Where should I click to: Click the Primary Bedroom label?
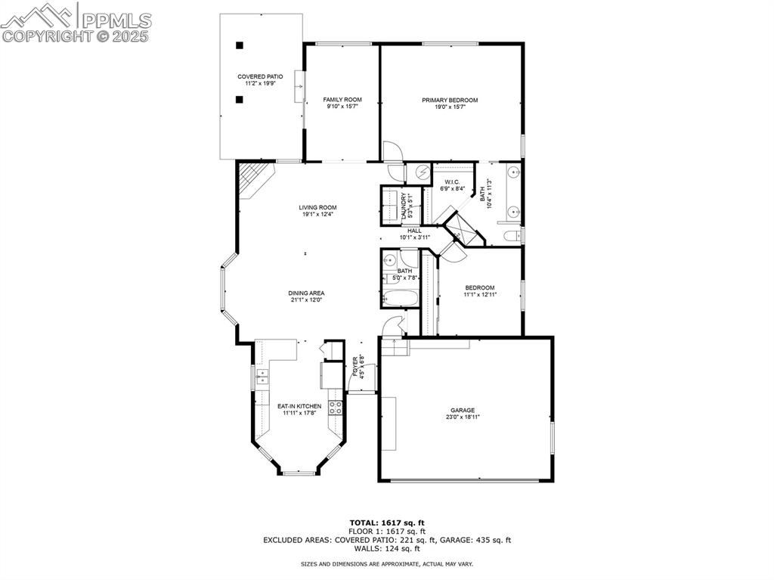[450, 101]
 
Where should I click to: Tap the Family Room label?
[342, 100]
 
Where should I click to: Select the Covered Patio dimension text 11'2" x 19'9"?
[260, 84]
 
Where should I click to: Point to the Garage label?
[463, 410]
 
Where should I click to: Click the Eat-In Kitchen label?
[299, 406]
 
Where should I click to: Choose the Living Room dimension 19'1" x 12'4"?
[317, 215]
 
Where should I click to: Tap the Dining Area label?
[307, 293]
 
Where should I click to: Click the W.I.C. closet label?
[452, 182]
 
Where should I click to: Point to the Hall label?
[415, 231]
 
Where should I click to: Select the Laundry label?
[404, 206]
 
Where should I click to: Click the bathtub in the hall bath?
[401, 299]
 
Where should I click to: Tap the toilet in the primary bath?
[512, 236]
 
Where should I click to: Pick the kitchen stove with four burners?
[336, 407]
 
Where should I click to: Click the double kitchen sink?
[262, 377]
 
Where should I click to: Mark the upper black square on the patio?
[240, 45]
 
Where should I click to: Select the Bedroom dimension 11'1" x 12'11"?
[480, 294]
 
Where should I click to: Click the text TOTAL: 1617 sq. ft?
[387, 523]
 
